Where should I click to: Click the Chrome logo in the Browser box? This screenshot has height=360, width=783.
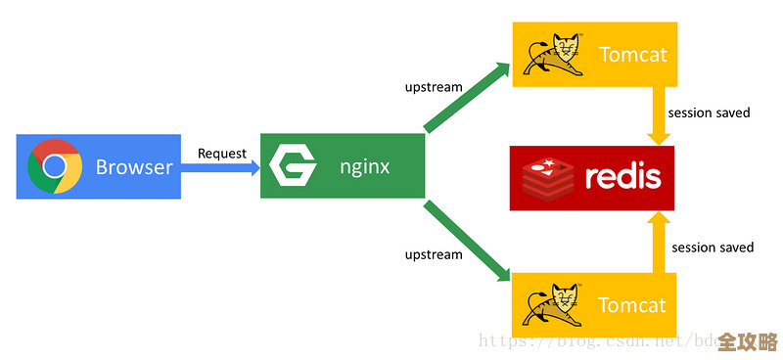click(x=55, y=166)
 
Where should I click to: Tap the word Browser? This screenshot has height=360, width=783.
click(x=134, y=167)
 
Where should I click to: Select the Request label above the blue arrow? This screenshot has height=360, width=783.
click(x=222, y=153)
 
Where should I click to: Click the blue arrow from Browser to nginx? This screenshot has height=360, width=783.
click(x=220, y=167)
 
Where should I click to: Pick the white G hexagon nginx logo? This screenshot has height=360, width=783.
click(x=293, y=166)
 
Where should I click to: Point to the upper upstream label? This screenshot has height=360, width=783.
click(x=434, y=87)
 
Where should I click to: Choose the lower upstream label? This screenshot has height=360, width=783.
click(x=434, y=254)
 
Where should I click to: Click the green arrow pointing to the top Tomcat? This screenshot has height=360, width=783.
click(x=468, y=97)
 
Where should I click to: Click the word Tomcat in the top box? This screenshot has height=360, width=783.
click(x=631, y=55)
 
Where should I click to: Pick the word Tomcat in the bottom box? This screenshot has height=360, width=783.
click(x=631, y=305)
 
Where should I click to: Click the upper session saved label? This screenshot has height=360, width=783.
click(x=709, y=112)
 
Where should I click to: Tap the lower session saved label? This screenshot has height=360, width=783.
click(x=713, y=247)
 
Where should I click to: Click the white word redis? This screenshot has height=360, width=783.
click(x=622, y=177)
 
